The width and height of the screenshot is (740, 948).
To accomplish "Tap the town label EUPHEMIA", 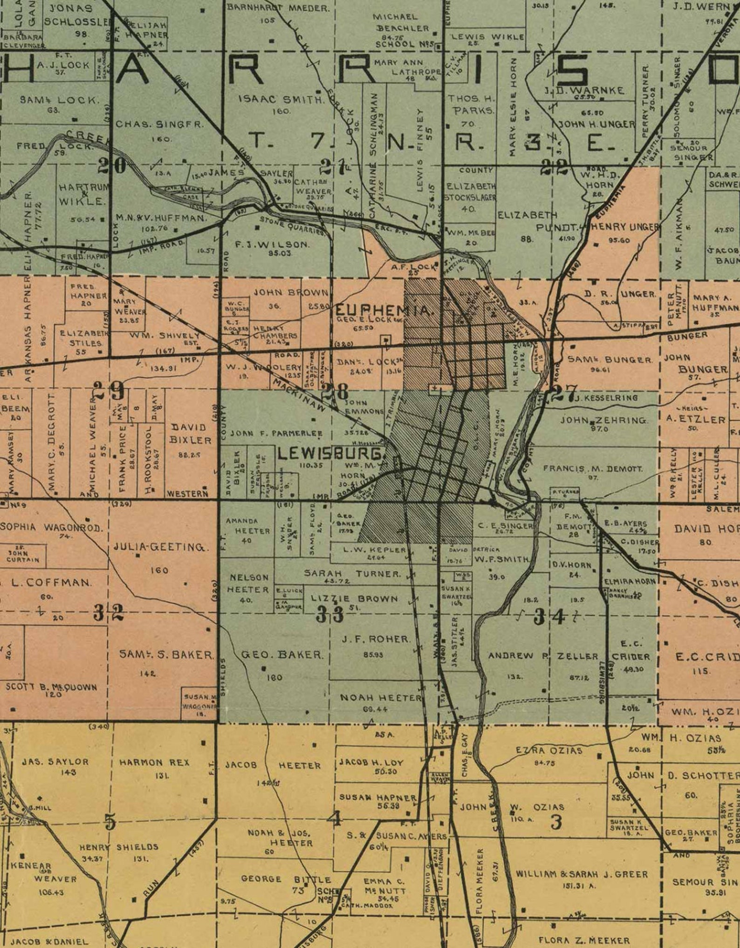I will point(385,310).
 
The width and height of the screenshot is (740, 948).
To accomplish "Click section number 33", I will point(329,614).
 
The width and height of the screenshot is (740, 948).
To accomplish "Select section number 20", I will point(112,165).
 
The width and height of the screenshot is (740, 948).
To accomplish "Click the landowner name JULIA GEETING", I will point(161,547).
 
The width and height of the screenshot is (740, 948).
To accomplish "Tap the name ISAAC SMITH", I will point(281,99).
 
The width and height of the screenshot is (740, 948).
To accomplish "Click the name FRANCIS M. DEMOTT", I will point(593,469).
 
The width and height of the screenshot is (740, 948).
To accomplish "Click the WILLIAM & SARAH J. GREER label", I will point(582,874).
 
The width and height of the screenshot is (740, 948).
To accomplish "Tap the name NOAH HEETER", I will point(381,698).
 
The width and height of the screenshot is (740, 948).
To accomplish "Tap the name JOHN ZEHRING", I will point(603,420).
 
